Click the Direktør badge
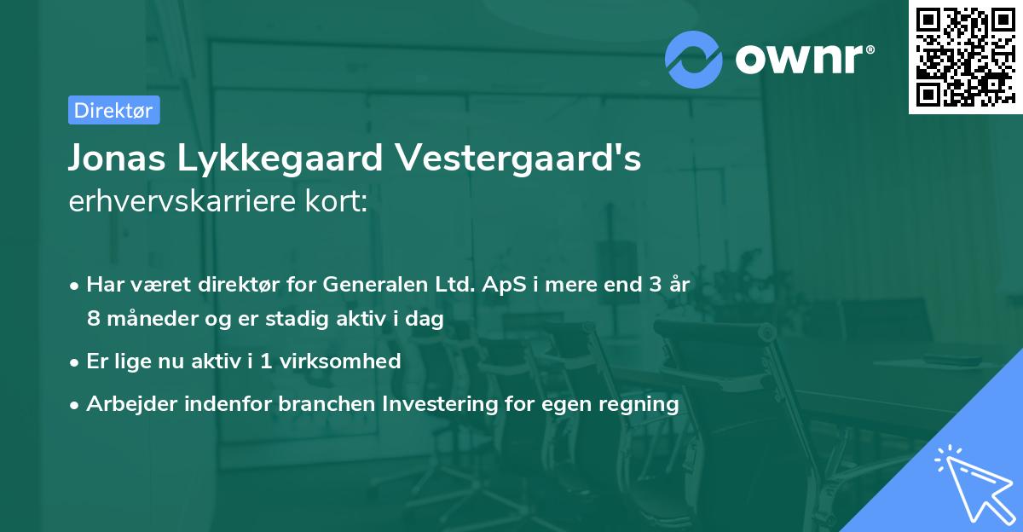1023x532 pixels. pyautogui.click(x=113, y=110)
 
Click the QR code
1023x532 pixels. pyautogui.click(x=964, y=57)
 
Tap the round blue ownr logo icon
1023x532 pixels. pyautogui.click(x=694, y=59)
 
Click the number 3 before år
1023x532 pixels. pyautogui.click(x=655, y=286)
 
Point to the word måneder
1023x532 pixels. pyautogui.click(x=148, y=319)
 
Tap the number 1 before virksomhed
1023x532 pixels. pyautogui.click(x=266, y=361)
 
